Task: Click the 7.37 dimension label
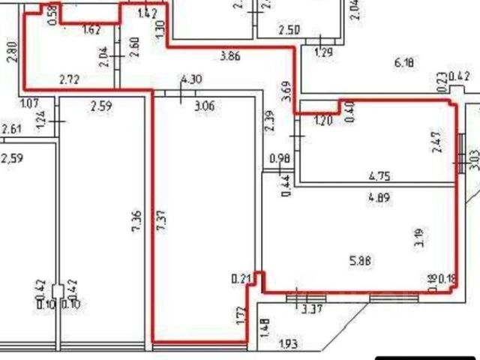(161, 221)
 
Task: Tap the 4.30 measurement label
(191, 79)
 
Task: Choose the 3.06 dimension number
(205, 106)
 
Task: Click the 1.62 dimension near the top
(91, 31)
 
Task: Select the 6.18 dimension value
(404, 63)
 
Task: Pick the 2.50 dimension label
(289, 31)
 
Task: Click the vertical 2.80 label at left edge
(10, 54)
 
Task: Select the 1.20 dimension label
(322, 120)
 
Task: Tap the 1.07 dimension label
(29, 103)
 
